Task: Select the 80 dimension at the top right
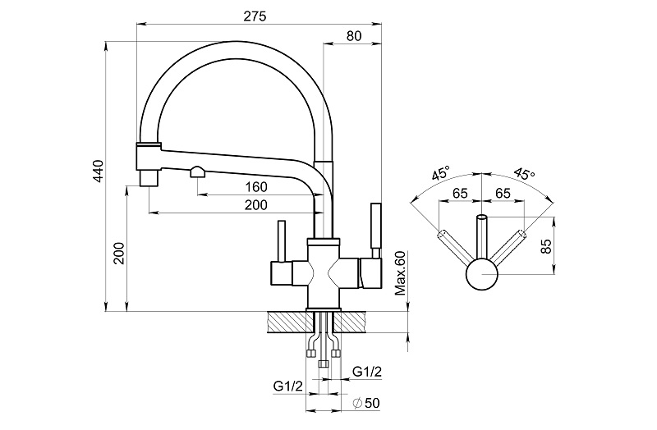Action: pyautogui.click(x=355, y=35)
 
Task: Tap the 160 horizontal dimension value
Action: pyautogui.click(x=256, y=186)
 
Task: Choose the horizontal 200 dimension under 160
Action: pyautogui.click(x=256, y=205)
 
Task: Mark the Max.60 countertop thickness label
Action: pyautogui.click(x=401, y=273)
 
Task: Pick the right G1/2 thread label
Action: pyautogui.click(x=366, y=372)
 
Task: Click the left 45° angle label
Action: pyautogui.click(x=441, y=174)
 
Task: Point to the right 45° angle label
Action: pyautogui.click(x=522, y=174)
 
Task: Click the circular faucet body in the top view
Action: pyautogui.click(x=481, y=275)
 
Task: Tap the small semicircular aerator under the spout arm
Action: pyautogui.click(x=198, y=172)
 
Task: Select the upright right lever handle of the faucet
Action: pyautogui.click(x=377, y=228)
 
